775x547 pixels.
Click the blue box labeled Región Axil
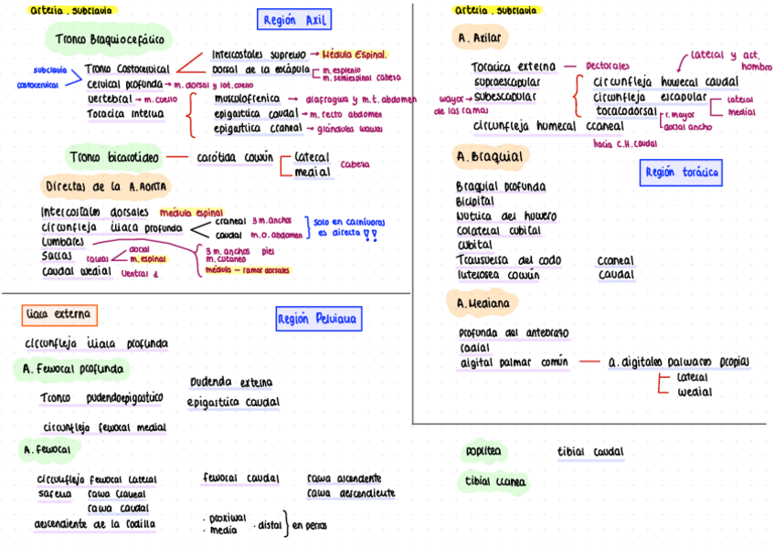click(293, 20)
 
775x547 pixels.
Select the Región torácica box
click(681, 172)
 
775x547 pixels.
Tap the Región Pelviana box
click(319, 318)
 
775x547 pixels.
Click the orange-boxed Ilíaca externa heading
click(59, 315)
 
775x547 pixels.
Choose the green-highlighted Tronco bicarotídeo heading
click(113, 157)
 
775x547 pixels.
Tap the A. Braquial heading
click(491, 157)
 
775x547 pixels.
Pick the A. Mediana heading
click(483, 301)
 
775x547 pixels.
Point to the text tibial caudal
click(590, 452)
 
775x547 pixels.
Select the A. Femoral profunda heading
click(70, 370)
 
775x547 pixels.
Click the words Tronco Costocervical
click(127, 68)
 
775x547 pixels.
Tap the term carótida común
click(235, 157)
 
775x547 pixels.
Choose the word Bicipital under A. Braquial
click(474, 201)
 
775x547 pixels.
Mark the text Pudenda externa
click(230, 383)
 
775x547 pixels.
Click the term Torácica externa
click(513, 67)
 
